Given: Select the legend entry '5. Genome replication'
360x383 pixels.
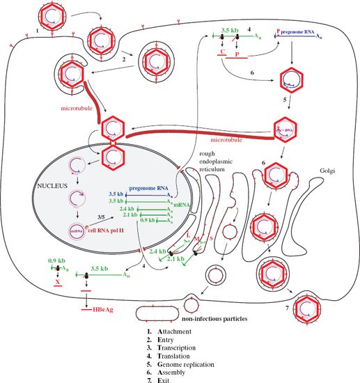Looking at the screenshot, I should coord(184,363).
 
